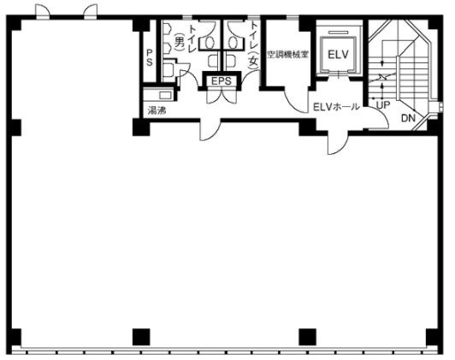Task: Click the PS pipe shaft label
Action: pyautogui.click(x=150, y=57)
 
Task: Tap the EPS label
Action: pyautogui.click(x=222, y=81)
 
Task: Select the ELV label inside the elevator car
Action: pyautogui.click(x=338, y=55)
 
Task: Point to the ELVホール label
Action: pyautogui.click(x=336, y=107)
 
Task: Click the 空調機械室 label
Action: pyautogui.click(x=287, y=54)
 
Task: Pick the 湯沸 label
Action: pyautogui.click(x=157, y=110)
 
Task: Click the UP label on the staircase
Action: pyautogui.click(x=383, y=105)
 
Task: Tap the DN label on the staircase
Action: pyautogui.click(x=408, y=118)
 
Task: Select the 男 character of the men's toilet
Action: pyautogui.click(x=180, y=42)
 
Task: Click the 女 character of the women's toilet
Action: pyautogui.click(x=254, y=62)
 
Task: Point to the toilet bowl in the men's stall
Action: pyautogui.click(x=210, y=43)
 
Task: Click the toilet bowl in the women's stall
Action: pyautogui.click(x=232, y=43)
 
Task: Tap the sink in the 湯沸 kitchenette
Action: pyautogui.click(x=165, y=95)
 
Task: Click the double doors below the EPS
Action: pyautogui.click(x=222, y=97)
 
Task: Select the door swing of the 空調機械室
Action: pyautogui.click(x=295, y=100)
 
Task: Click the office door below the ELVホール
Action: pyautogui.click(x=338, y=144)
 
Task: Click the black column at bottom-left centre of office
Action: pyautogui.click(x=141, y=337)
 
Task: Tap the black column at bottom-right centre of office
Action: pyautogui.click(x=308, y=337)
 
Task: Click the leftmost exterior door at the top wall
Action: pyautogui.click(x=43, y=12)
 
